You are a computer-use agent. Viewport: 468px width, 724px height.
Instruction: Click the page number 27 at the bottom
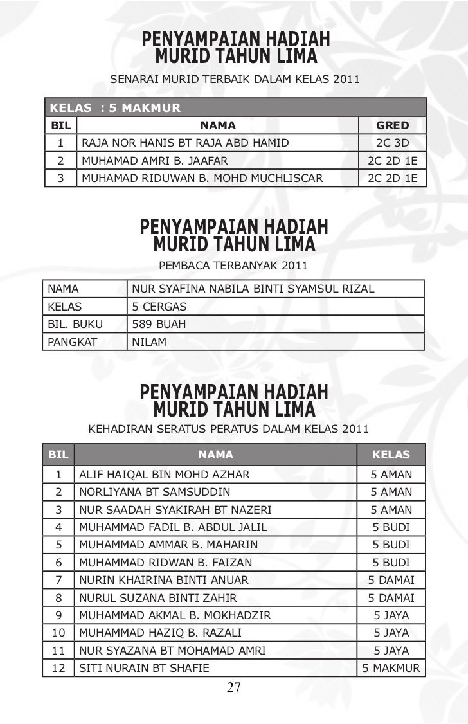pos(233,688)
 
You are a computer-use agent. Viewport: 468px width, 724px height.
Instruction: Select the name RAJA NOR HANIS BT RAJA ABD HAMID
pos(184,143)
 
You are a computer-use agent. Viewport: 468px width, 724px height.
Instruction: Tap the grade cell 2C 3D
pos(392,143)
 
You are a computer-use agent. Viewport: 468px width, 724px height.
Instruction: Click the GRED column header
pos(392,125)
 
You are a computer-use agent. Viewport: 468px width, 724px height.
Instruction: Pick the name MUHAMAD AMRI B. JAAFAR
pos(154,161)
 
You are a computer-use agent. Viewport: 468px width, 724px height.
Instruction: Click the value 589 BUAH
pos(159,324)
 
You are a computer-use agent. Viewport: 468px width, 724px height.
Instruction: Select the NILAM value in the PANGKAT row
pos(149,342)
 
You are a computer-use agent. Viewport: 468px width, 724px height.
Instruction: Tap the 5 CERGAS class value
pos(159,307)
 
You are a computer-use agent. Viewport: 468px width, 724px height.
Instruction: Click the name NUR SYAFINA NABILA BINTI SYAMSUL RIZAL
pos(253,289)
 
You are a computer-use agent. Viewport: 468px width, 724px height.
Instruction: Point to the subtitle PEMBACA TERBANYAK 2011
pos(233,265)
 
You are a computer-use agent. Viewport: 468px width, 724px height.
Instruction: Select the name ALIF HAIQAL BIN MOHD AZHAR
pos(164,475)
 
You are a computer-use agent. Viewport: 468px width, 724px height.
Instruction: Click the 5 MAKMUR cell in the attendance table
pos(391,668)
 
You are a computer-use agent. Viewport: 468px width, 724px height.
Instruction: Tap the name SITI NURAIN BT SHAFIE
pos(144,668)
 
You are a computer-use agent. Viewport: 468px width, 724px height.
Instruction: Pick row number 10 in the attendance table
pos(59,633)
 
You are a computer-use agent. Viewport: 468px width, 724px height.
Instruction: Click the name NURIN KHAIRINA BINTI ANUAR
pos(163,580)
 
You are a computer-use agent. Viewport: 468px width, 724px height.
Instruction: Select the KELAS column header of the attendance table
pos(391,455)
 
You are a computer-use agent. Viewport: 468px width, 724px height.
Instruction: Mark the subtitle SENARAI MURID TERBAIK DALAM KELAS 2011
pos(235,80)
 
